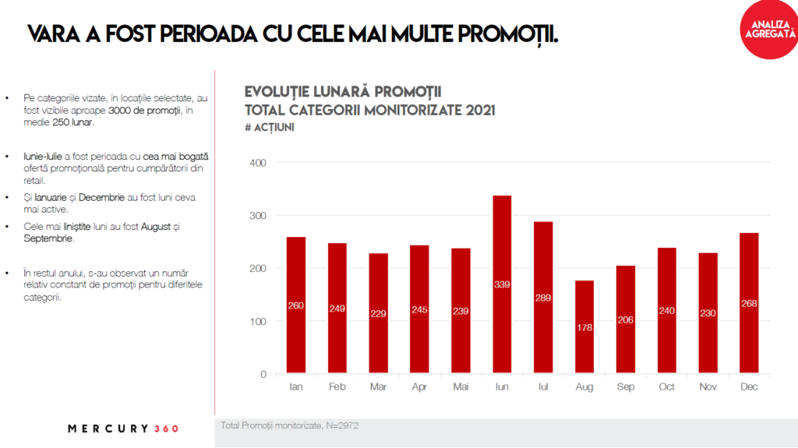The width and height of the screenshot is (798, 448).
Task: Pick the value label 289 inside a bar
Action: pos(543,298)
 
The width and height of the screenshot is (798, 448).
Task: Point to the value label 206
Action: pos(626,320)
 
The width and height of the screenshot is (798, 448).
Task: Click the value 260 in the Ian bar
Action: pos(295,305)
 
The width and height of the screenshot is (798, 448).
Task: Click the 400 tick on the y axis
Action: pos(258,163)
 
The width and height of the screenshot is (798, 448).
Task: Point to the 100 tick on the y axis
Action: pos(258,321)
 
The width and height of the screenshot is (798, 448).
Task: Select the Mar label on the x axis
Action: pos(378,387)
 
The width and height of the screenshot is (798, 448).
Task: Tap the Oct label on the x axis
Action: pos(667,387)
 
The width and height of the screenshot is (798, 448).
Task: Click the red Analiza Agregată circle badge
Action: pos(768,29)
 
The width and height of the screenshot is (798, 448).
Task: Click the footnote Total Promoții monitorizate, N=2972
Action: pos(290,425)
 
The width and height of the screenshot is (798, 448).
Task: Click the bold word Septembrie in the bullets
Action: pos(49,238)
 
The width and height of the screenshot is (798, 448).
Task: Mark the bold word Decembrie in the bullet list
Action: pos(101,197)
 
